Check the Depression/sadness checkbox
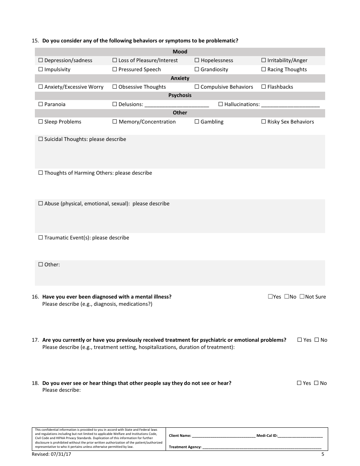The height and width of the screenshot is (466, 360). click(41, 60)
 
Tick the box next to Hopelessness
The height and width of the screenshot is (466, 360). click(197, 60)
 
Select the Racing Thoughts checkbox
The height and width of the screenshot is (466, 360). click(264, 69)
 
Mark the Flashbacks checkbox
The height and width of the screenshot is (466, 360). click(264, 87)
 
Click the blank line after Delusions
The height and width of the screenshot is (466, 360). click(177, 105)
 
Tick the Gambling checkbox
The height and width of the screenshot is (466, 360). click(197, 122)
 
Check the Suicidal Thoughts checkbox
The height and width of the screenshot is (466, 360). click(41, 139)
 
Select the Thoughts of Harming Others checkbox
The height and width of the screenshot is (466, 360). click(41, 173)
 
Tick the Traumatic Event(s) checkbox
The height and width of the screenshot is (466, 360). click(41, 238)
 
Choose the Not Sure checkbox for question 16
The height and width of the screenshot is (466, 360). click(302, 297)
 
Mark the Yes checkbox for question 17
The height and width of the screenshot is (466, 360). click(299, 340)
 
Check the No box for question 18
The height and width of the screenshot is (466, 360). click(316, 383)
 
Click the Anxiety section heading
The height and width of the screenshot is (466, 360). click(180, 78)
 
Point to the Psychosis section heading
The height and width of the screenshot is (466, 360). click(180, 95)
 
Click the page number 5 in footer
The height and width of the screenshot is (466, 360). click(323, 454)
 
